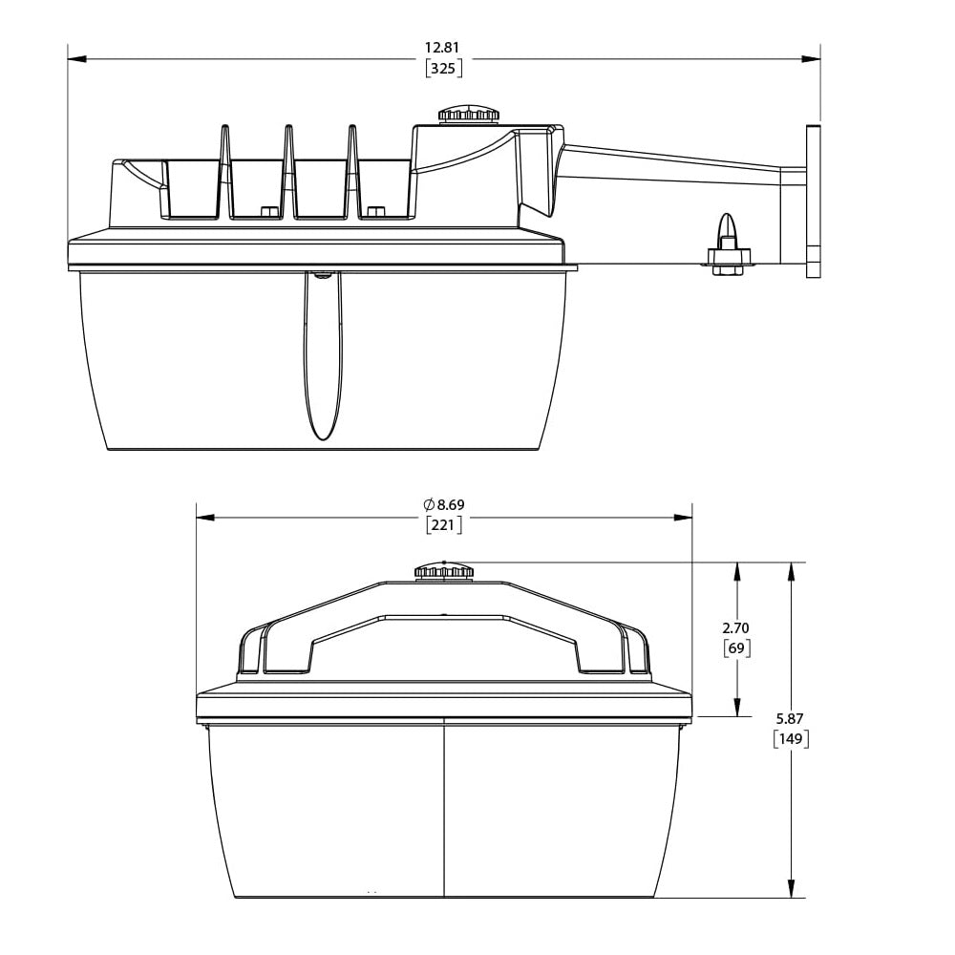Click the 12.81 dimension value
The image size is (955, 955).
click(443, 48)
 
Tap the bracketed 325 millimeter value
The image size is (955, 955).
click(443, 68)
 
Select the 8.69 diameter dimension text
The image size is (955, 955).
click(451, 505)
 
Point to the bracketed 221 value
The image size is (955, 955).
click(443, 524)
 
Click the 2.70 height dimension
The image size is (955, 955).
click(735, 628)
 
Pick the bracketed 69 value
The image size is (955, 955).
click(736, 648)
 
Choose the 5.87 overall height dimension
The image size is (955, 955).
click(790, 719)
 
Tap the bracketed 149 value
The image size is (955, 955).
click(791, 739)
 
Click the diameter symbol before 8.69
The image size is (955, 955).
click(429, 505)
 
